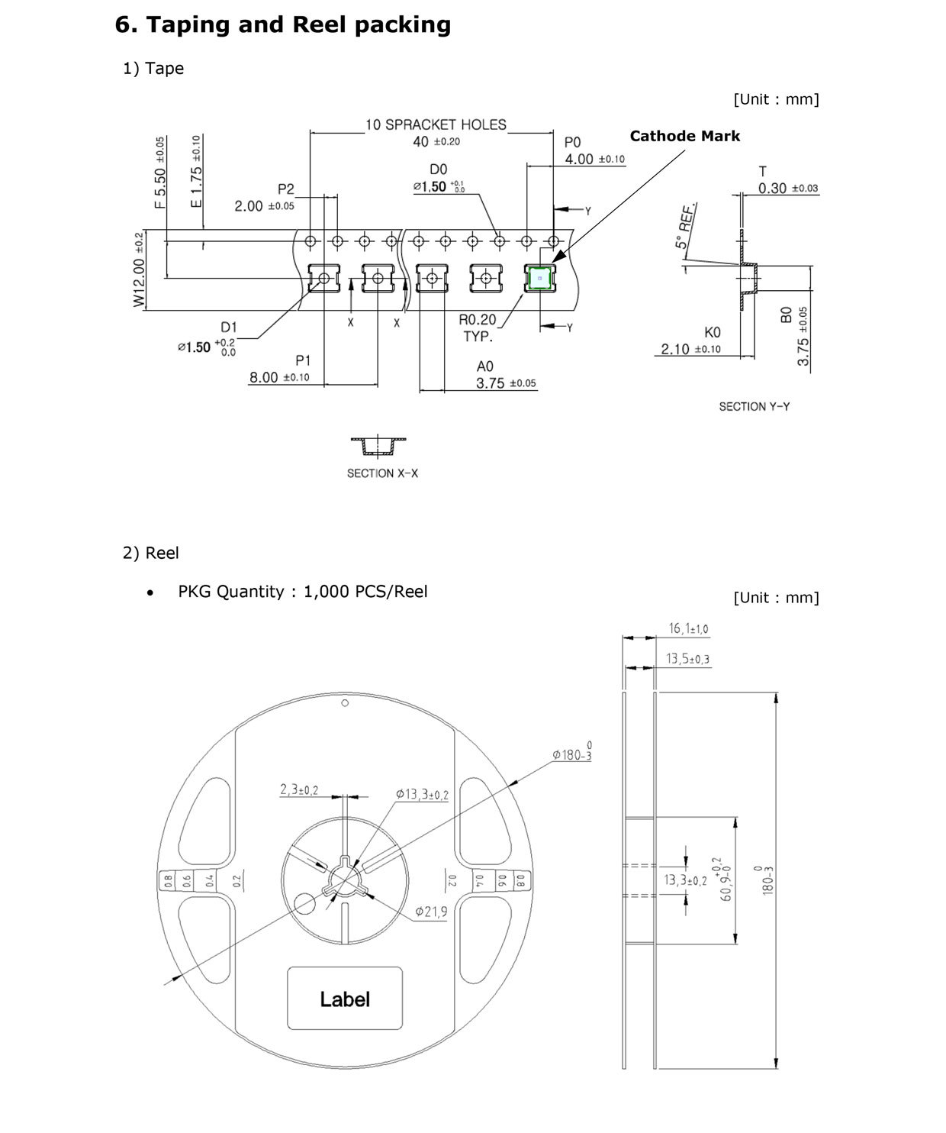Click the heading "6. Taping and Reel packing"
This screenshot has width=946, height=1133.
tap(282, 24)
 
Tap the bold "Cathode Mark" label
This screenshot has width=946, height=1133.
tap(684, 136)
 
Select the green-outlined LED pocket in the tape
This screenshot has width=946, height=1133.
tap(540, 279)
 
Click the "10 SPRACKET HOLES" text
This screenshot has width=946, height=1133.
tap(436, 124)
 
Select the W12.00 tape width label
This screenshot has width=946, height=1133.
tap(139, 271)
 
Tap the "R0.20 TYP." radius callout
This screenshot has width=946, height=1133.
tap(478, 328)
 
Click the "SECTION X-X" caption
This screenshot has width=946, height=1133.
tap(382, 473)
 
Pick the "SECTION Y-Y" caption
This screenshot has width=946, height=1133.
tap(754, 407)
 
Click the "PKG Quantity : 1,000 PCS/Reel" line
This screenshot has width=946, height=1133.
tap(302, 592)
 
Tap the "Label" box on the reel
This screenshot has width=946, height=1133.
tap(345, 999)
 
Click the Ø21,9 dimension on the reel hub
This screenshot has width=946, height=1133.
tap(431, 912)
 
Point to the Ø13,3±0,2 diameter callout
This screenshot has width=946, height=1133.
tap(422, 794)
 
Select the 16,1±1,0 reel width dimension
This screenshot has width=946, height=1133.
tap(688, 629)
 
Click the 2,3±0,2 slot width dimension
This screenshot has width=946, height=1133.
tap(299, 790)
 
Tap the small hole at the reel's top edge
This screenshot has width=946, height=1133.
tap(345, 703)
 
